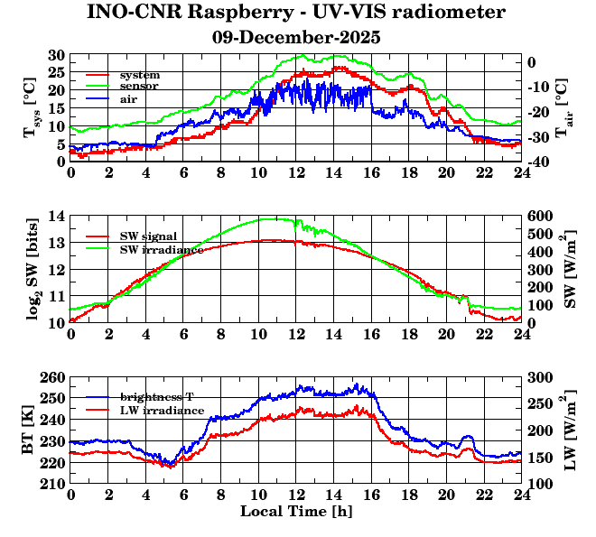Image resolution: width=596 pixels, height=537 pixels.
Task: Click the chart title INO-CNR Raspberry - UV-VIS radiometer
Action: click(x=296, y=13)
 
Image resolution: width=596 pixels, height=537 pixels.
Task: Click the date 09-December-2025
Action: click(x=296, y=38)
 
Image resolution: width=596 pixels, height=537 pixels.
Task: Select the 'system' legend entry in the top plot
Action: click(x=139, y=73)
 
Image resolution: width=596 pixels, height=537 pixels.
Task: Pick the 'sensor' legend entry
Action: click(x=139, y=86)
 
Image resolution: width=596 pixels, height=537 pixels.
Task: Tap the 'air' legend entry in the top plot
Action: click(x=128, y=98)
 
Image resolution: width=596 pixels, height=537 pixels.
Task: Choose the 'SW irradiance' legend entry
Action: click(x=159, y=248)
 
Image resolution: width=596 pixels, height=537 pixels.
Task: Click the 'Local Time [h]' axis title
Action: click(x=296, y=512)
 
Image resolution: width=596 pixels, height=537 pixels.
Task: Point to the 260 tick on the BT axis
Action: click(x=54, y=376)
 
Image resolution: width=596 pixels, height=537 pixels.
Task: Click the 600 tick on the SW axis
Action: click(x=540, y=216)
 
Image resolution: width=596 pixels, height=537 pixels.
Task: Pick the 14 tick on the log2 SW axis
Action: click(x=58, y=216)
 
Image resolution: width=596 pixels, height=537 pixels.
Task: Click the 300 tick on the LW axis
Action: click(x=540, y=376)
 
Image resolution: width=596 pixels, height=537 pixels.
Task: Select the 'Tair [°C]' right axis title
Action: click(x=562, y=108)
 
